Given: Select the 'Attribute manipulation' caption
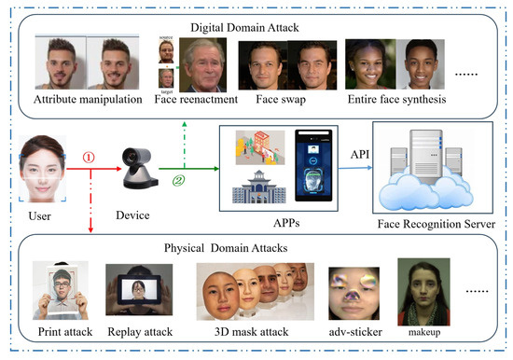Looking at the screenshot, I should (87, 99).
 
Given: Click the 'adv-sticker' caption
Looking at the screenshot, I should (351, 335).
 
